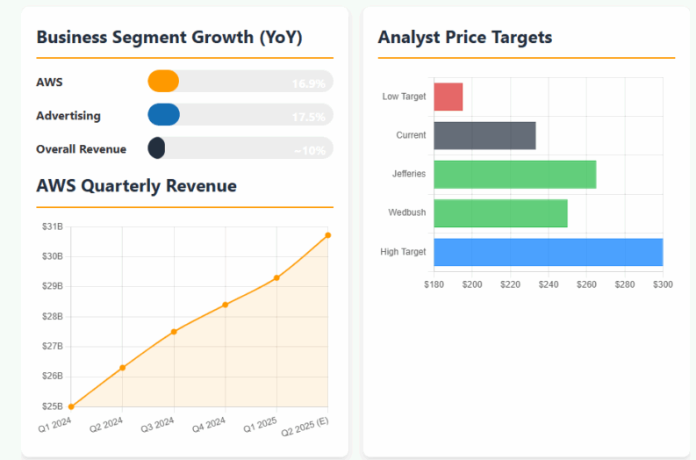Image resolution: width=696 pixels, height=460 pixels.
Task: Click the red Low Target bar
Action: [x=448, y=97]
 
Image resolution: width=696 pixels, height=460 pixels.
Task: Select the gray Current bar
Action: [x=484, y=135]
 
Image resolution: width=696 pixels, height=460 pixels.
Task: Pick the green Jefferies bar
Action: [x=514, y=174]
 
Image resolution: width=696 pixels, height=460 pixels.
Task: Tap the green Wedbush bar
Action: [x=500, y=212]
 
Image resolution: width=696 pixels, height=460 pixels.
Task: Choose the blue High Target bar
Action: [x=548, y=252]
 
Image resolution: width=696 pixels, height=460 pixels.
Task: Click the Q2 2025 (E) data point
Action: [x=328, y=234]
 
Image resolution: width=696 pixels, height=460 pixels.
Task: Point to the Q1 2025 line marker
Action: [x=276, y=277]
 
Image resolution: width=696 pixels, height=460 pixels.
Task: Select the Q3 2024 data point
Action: [x=174, y=331]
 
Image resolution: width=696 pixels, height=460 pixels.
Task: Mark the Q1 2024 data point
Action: [x=71, y=406]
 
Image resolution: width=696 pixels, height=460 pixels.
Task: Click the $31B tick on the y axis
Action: [x=52, y=226]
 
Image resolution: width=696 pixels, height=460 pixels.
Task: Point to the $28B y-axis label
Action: [x=52, y=316]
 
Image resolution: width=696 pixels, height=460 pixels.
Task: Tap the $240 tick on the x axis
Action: [x=549, y=284]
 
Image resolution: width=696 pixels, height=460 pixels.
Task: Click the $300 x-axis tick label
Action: [x=663, y=284]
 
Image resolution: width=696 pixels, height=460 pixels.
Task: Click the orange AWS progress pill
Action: [x=163, y=82]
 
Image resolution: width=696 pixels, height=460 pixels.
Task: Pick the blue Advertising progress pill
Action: [x=163, y=115]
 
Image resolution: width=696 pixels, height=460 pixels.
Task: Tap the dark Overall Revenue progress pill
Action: [x=157, y=148]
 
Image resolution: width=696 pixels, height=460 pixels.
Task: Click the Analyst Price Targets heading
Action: [x=464, y=37]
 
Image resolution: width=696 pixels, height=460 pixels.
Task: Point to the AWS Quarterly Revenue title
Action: [x=136, y=186]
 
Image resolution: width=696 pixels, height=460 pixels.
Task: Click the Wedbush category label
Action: [x=407, y=212]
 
